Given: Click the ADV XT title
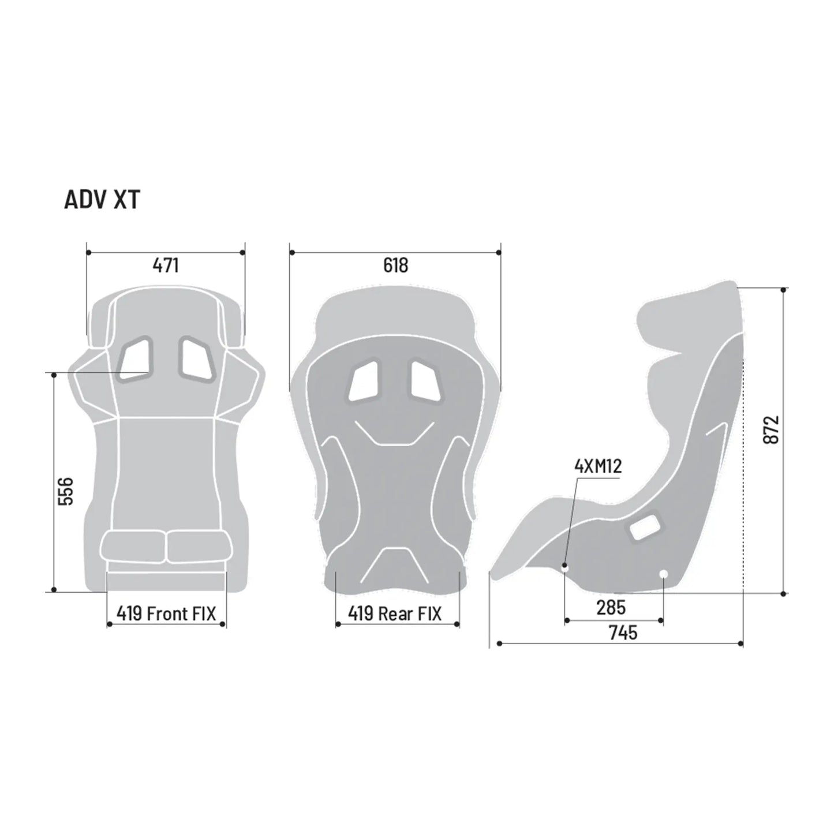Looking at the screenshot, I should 102,200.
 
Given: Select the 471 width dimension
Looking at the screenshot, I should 166,265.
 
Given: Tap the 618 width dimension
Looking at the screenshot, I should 395,265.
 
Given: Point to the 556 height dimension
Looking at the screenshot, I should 66,491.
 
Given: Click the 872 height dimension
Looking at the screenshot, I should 771,429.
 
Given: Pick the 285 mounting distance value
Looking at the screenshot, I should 611,607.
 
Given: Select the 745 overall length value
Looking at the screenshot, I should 623,633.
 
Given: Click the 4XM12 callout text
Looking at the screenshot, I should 599,466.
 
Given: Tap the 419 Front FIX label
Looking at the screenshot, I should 166,613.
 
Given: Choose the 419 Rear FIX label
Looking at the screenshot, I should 395,613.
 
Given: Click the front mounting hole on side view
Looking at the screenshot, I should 565,567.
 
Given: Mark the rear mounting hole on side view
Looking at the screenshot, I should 663,573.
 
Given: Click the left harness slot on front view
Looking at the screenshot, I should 136,358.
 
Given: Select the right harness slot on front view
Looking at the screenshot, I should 196,358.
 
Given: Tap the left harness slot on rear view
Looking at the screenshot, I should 362,381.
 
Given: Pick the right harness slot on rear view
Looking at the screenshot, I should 426,381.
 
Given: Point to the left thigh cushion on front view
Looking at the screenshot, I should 133,546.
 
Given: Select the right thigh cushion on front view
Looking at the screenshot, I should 197,546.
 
